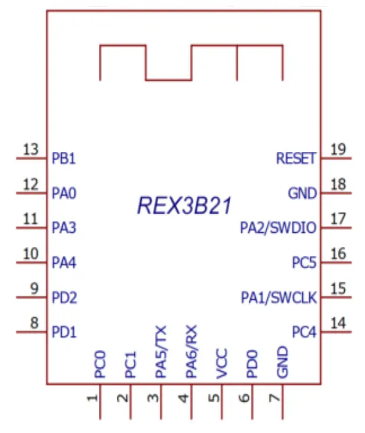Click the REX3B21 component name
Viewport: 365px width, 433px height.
tap(184, 205)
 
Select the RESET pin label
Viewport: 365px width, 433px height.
tap(296, 158)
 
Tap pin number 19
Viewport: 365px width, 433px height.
tap(338, 149)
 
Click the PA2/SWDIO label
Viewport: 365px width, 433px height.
tap(278, 228)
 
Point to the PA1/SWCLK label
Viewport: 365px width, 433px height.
tap(279, 298)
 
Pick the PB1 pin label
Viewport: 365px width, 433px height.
tap(64, 158)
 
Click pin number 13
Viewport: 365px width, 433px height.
tap(30, 149)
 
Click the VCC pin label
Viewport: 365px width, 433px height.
tap(221, 364)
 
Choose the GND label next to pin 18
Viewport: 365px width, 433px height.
tap(302, 193)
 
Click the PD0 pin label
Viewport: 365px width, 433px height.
tap(252, 364)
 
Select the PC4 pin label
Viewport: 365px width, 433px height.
tap(304, 333)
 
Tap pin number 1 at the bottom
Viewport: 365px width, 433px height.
tap(91, 399)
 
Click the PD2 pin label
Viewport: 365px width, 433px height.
tap(65, 298)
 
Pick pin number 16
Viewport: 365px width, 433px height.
tap(338, 254)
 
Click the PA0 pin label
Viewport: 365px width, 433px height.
tap(64, 193)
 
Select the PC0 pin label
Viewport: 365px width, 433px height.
tap(100, 364)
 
